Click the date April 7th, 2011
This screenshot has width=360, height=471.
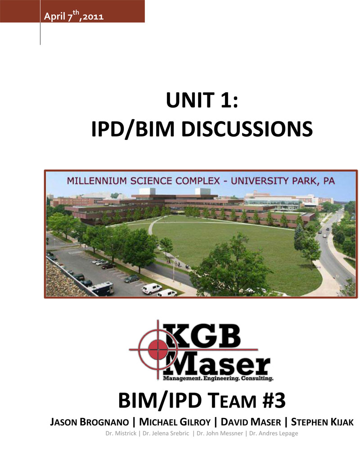tap(74, 16)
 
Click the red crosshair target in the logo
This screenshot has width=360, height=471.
tap(157, 350)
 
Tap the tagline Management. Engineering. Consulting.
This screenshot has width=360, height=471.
tap(218, 378)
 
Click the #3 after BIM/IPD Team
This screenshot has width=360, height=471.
tap(274, 400)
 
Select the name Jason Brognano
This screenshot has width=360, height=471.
tap(89, 422)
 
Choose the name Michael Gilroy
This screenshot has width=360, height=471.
tap(175, 422)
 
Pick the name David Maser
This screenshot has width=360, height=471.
tap(251, 422)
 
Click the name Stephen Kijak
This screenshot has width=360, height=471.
tap(322, 422)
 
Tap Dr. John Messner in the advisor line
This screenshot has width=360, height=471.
tap(220, 434)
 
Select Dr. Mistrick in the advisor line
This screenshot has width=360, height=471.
tap(121, 434)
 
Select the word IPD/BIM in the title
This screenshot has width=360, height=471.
tap(132, 129)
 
